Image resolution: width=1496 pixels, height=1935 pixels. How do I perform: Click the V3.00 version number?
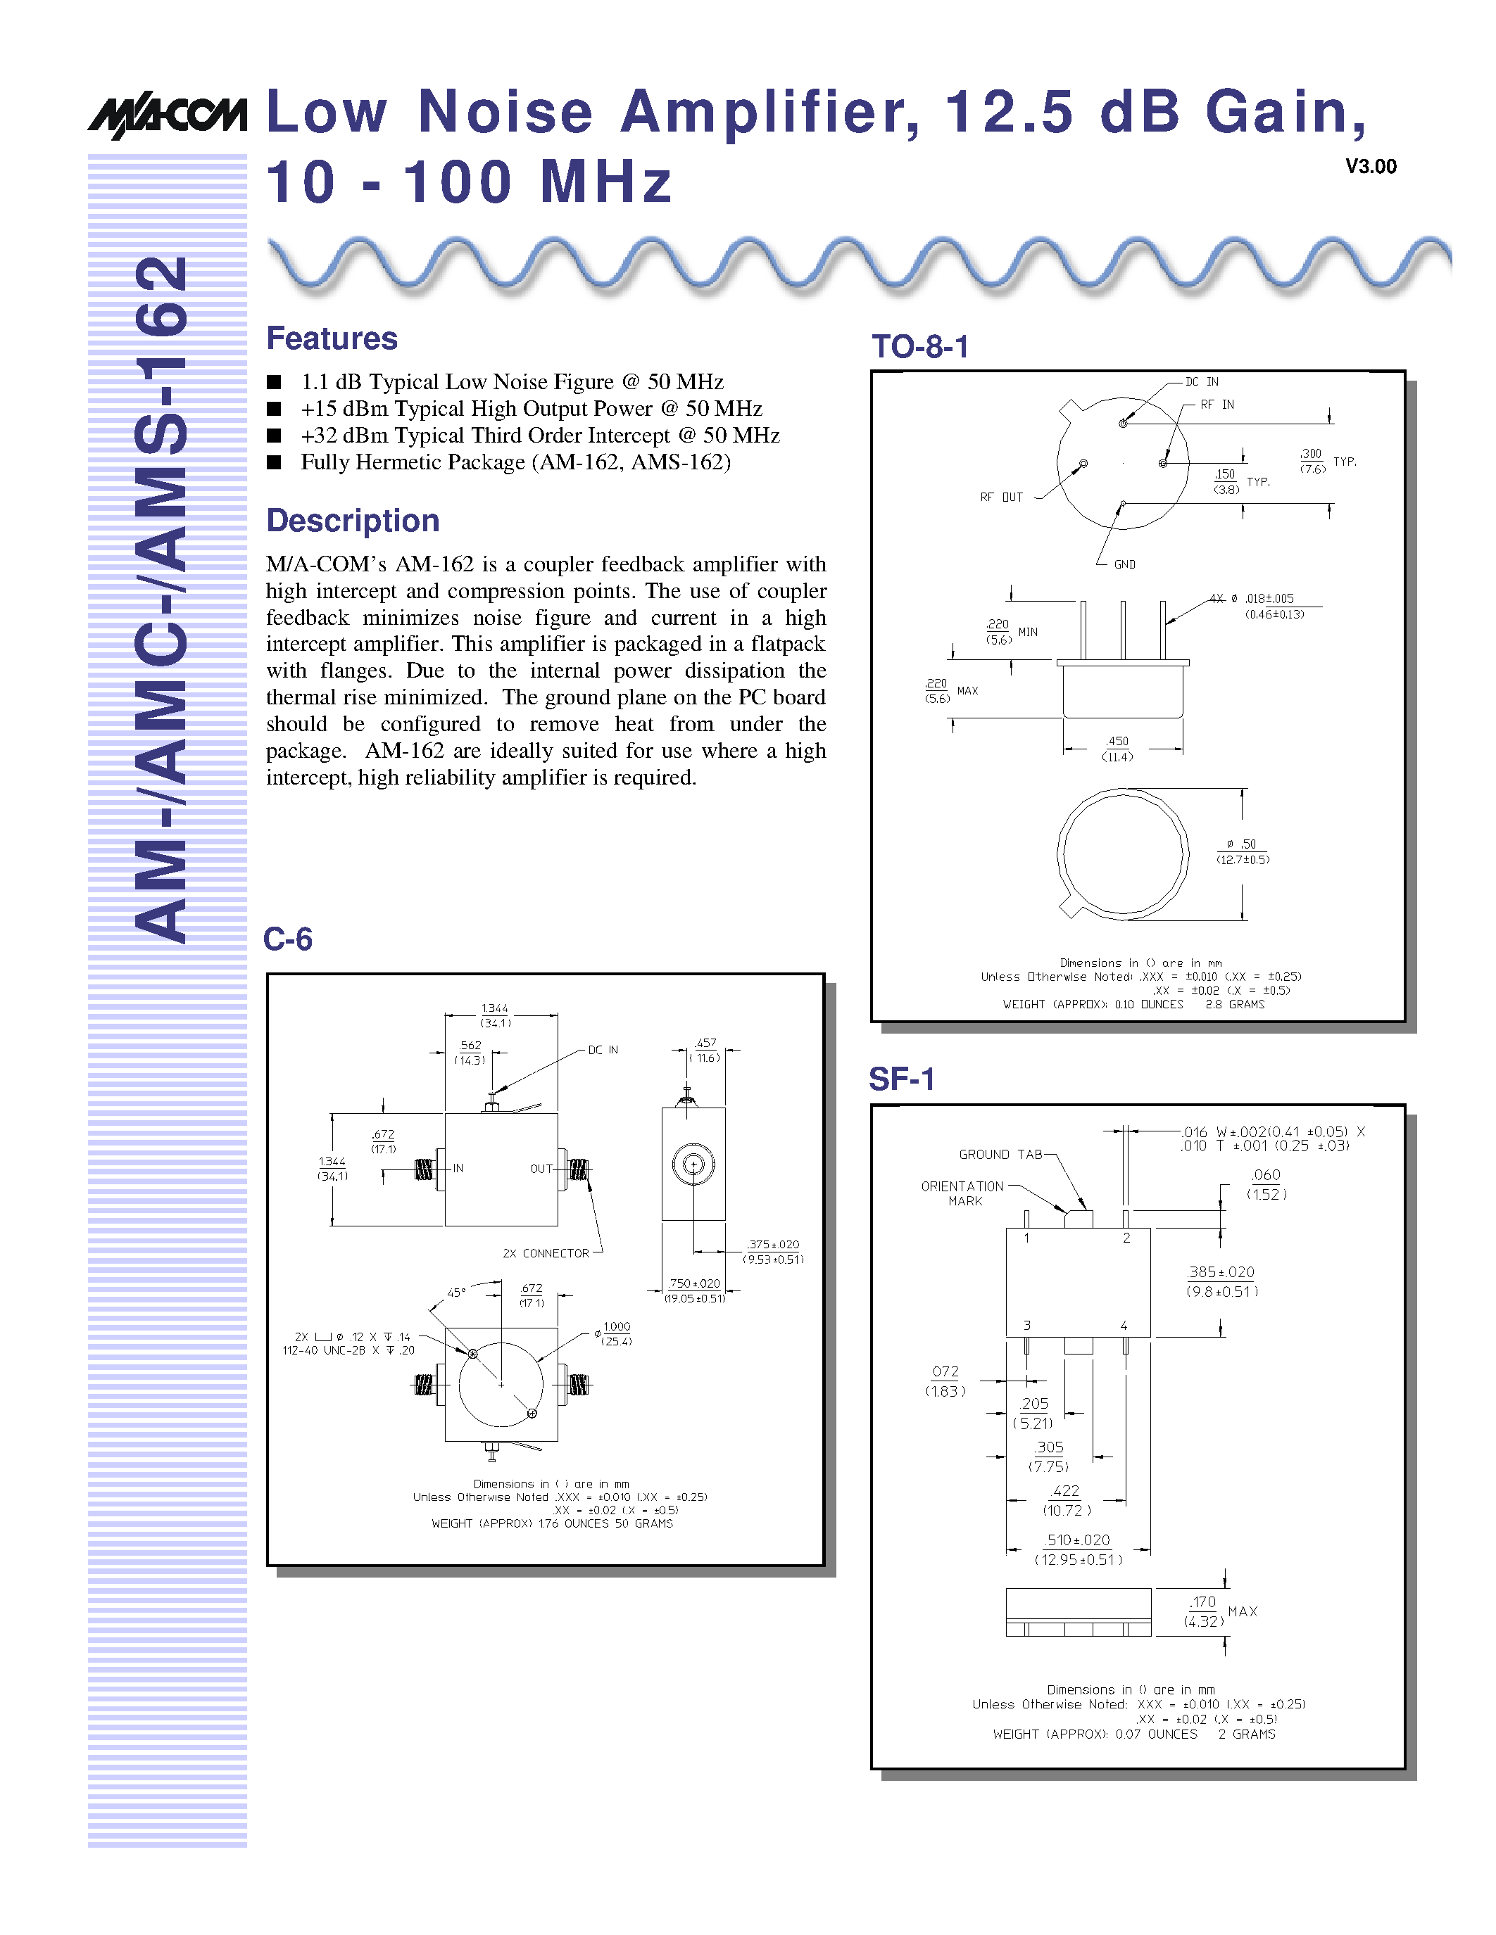click(1370, 167)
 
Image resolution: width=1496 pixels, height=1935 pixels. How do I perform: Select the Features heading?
click(332, 338)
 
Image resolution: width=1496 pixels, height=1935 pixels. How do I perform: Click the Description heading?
click(353, 521)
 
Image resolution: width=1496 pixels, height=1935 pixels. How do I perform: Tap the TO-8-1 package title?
click(920, 346)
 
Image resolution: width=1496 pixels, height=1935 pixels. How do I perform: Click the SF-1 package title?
click(901, 1079)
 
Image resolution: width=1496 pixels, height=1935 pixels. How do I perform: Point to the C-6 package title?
click(287, 939)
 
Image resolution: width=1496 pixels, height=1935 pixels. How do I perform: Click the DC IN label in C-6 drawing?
click(603, 1050)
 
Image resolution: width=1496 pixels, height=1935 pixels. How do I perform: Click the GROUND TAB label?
click(1000, 1155)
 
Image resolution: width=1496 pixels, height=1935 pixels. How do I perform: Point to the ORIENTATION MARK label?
click(963, 1193)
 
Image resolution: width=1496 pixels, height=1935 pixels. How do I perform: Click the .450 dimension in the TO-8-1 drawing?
click(1117, 742)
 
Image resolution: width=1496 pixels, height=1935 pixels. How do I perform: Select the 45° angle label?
click(455, 1293)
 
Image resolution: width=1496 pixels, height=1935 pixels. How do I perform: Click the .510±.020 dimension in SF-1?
click(1077, 1541)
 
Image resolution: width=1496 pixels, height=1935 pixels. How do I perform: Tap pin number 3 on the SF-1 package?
click(1027, 1326)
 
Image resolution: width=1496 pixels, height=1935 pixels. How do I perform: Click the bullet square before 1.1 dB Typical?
click(275, 382)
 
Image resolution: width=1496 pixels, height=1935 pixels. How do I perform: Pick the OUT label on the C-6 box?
click(541, 1169)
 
